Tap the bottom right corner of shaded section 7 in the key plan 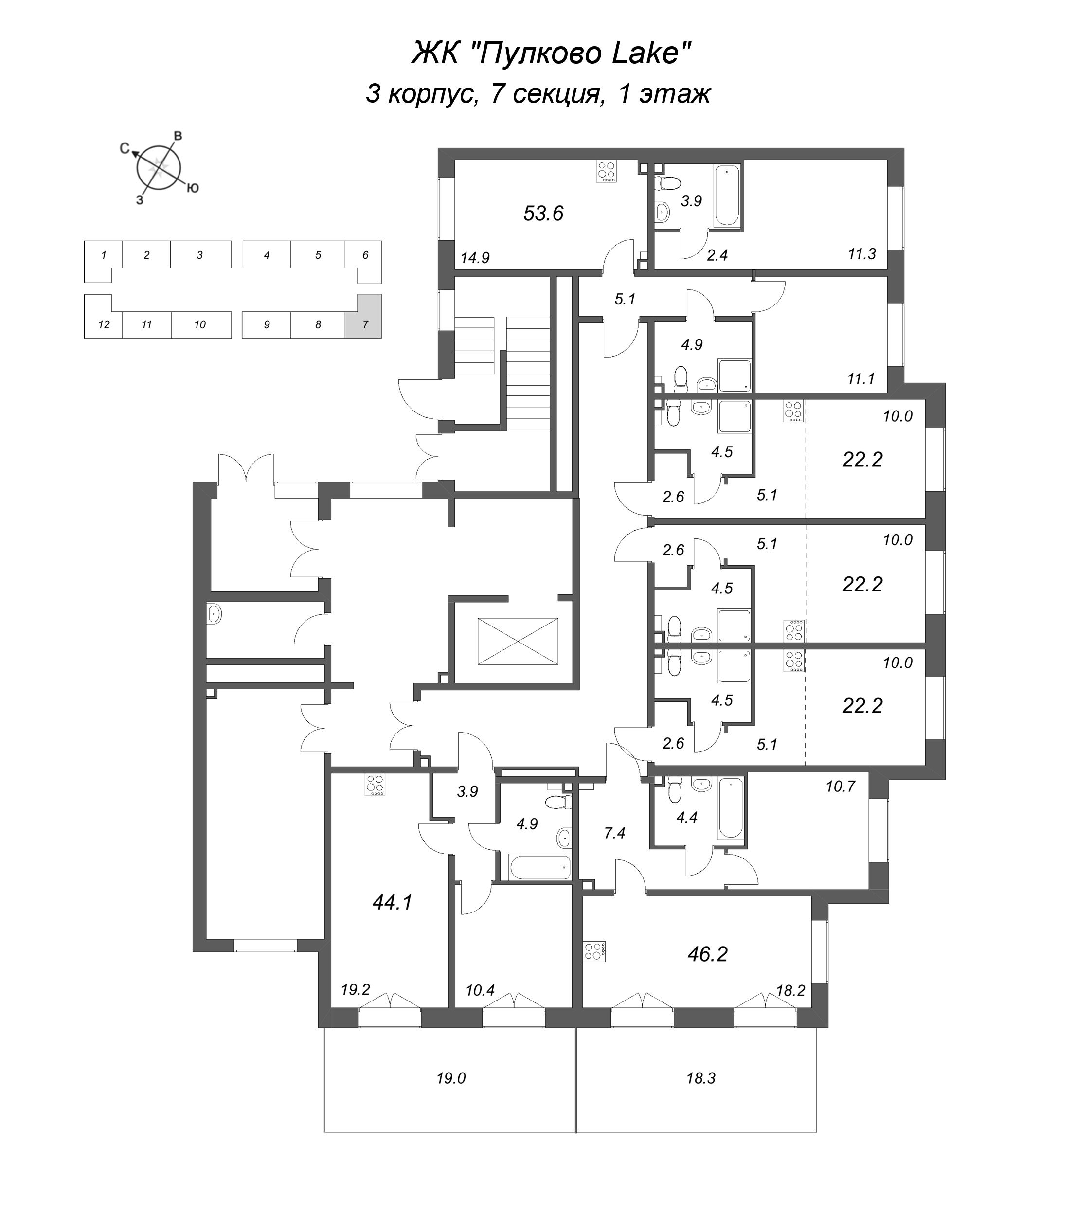[381, 338]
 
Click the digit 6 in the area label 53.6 [557, 213]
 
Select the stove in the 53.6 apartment [606, 171]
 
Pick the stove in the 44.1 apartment [376, 785]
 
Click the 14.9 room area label [475, 258]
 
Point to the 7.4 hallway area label [614, 833]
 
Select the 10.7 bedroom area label [840, 787]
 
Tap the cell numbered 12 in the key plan [104, 324]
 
